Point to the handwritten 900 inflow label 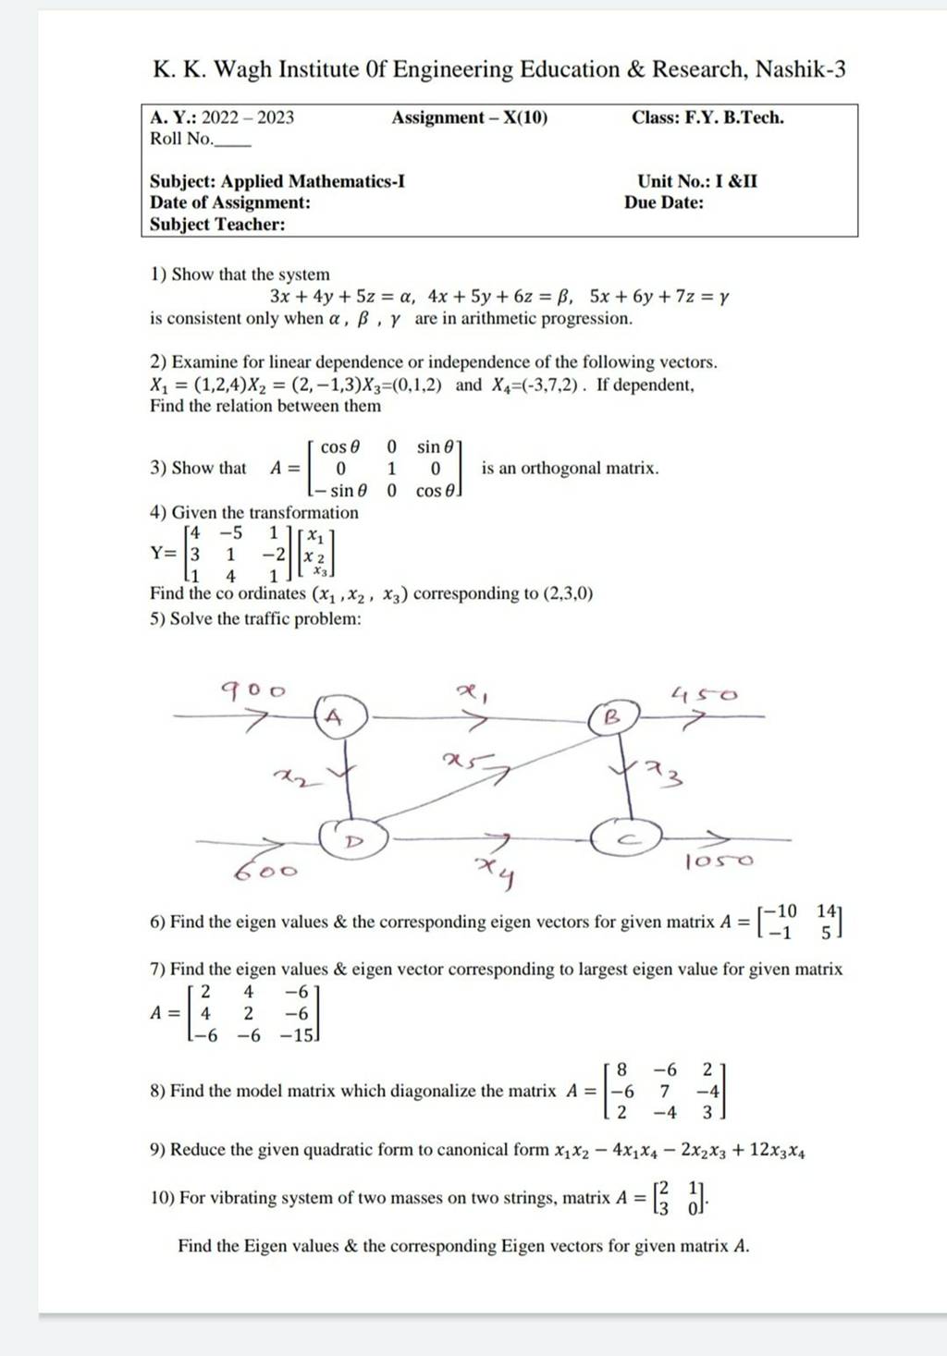[252, 689]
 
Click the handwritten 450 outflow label [705, 693]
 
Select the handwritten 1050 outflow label [719, 861]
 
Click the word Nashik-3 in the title [800, 69]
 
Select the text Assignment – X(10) [470, 117]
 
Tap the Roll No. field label [182, 139]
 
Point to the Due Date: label [664, 202]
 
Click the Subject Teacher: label [217, 224]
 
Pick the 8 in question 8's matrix [622, 1070]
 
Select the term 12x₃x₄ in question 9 [776, 1151]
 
